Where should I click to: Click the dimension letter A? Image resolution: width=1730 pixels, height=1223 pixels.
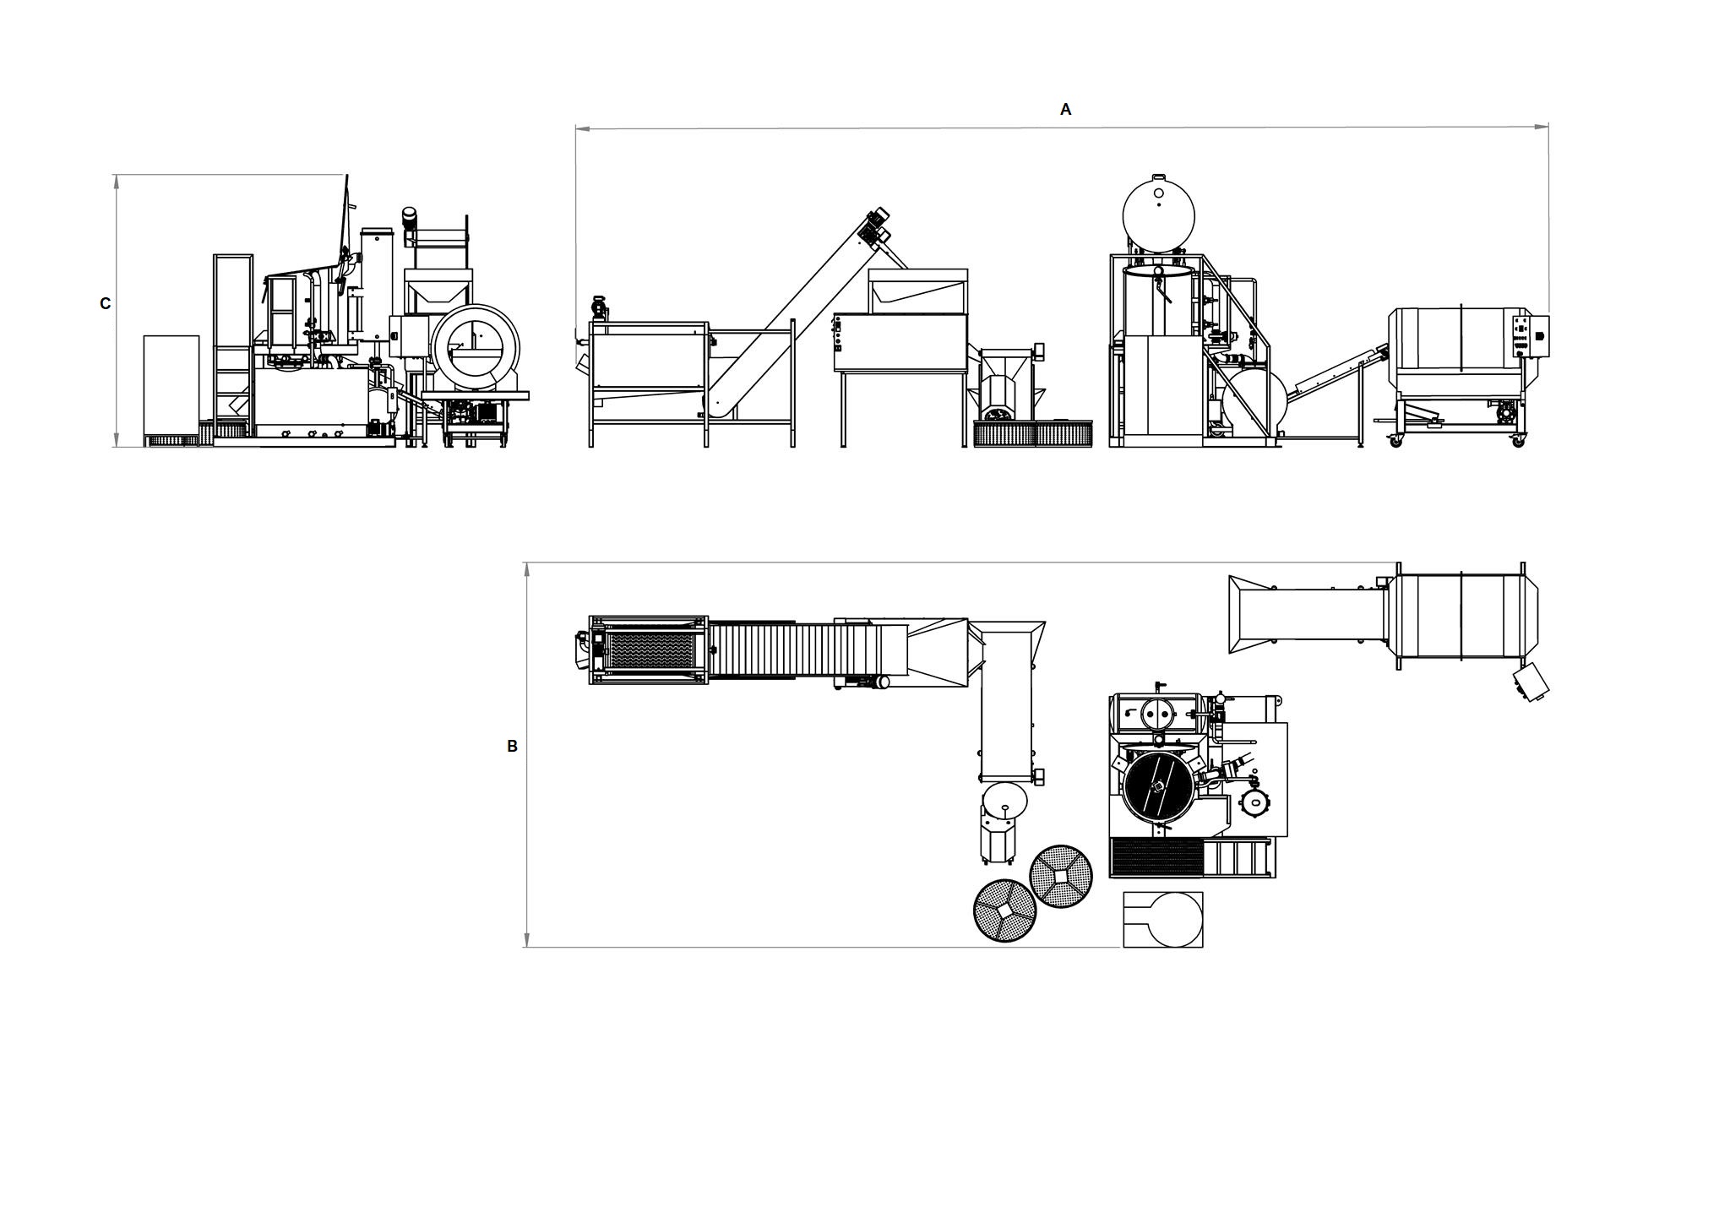pyautogui.click(x=1065, y=109)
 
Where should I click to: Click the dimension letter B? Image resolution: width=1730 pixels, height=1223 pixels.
pyautogui.click(x=512, y=746)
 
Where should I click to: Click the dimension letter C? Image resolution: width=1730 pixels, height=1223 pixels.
pyautogui.click(x=105, y=303)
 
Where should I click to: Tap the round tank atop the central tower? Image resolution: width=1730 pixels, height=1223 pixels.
pyautogui.click(x=1158, y=215)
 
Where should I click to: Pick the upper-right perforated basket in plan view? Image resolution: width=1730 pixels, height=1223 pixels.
pyautogui.click(x=1061, y=876)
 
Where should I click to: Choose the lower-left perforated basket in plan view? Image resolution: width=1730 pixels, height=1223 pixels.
pyautogui.click(x=1005, y=910)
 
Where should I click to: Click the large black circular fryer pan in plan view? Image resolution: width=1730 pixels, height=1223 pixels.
pyautogui.click(x=1157, y=785)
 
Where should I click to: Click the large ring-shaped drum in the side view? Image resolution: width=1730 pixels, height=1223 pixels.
pyautogui.click(x=475, y=348)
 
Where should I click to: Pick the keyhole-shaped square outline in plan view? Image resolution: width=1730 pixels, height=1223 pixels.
pyautogui.click(x=1163, y=919)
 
